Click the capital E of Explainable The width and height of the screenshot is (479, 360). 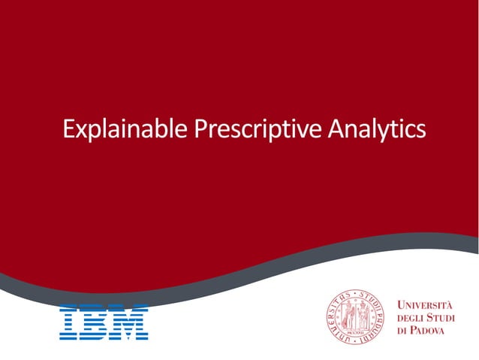pyautogui.click(x=69, y=129)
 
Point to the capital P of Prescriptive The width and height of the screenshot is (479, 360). pyautogui.click(x=200, y=129)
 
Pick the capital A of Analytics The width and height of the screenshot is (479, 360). pyautogui.click(x=336, y=129)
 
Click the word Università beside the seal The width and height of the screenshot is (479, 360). pyautogui.click(x=425, y=305)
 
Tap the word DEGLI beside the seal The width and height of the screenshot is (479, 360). pyautogui.click(x=410, y=318)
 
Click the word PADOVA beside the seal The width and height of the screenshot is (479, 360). pyautogui.click(x=432, y=331)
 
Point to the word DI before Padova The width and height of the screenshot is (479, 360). pyautogui.click(x=402, y=331)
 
